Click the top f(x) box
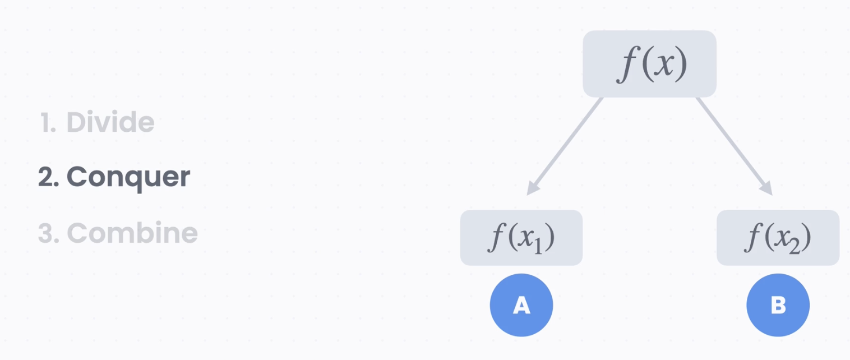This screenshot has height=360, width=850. click(x=649, y=64)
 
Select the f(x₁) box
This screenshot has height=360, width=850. click(x=521, y=238)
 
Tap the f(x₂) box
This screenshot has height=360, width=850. click(x=778, y=238)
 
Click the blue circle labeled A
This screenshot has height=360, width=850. click(x=521, y=305)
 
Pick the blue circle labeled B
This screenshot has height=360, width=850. click(x=778, y=305)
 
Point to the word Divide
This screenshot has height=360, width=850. click(x=110, y=122)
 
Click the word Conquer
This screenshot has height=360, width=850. click(x=128, y=177)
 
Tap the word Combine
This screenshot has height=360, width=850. click(x=132, y=233)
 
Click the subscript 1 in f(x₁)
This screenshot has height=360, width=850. click(x=538, y=246)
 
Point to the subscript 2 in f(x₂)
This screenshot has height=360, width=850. click(x=795, y=246)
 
